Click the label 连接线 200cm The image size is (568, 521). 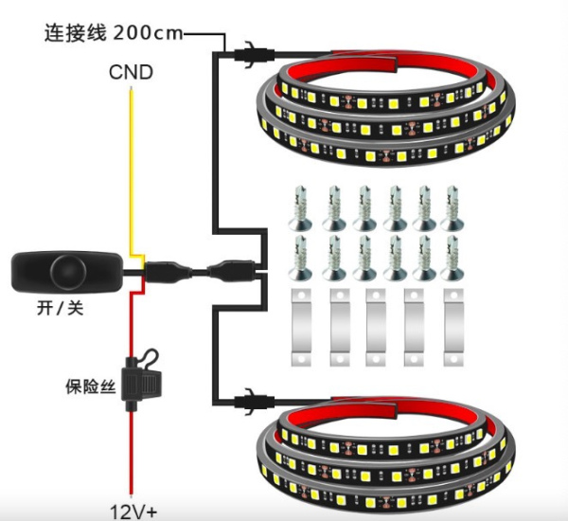(x=114, y=33)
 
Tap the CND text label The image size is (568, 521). (x=131, y=72)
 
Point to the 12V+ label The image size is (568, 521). (x=133, y=512)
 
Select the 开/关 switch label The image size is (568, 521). (x=61, y=309)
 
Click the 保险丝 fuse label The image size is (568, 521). (x=91, y=386)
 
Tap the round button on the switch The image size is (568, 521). (x=68, y=272)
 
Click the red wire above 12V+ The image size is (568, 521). (x=132, y=453)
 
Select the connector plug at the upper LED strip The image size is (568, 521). (x=254, y=55)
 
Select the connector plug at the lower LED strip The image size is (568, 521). (x=254, y=402)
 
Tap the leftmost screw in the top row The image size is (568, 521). (x=301, y=208)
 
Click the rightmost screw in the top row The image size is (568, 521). (x=453, y=208)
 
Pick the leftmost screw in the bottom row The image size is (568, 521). (x=301, y=259)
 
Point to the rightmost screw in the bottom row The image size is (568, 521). (x=453, y=259)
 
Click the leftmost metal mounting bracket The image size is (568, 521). (x=301, y=327)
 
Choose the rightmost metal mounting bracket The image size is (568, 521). (x=453, y=327)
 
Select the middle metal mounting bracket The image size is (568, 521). (x=376, y=327)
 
